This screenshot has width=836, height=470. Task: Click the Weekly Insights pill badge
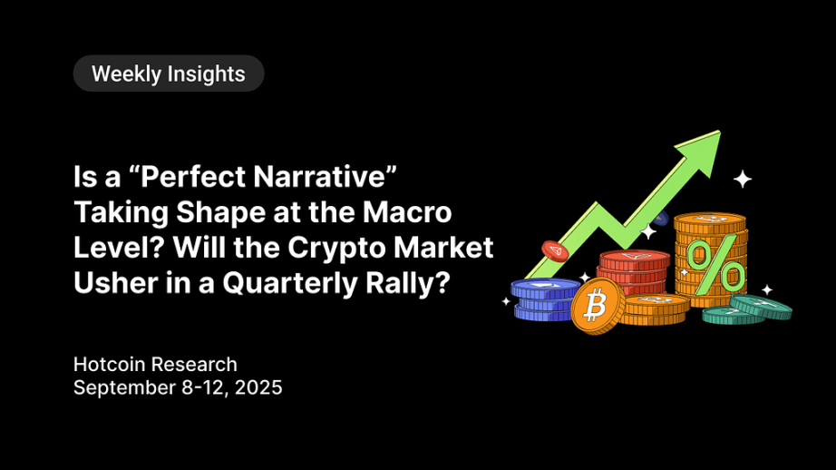[x=169, y=73]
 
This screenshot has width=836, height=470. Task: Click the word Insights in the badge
[x=206, y=74]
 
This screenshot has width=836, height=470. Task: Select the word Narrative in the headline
[x=320, y=177]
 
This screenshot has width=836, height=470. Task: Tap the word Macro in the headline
[x=407, y=211]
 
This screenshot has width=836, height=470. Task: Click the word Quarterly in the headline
[x=290, y=283]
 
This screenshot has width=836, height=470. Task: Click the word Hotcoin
[x=110, y=365]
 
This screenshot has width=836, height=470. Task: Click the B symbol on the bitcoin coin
[x=595, y=307]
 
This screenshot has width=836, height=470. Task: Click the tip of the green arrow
[x=720, y=132]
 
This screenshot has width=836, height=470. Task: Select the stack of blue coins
[x=544, y=299]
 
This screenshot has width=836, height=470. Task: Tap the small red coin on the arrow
[x=555, y=250]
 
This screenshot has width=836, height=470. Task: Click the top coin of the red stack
[x=635, y=259]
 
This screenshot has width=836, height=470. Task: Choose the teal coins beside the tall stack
[x=747, y=309]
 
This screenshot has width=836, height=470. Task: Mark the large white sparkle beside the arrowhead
[x=743, y=179]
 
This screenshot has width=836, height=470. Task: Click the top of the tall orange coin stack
[x=710, y=220]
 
